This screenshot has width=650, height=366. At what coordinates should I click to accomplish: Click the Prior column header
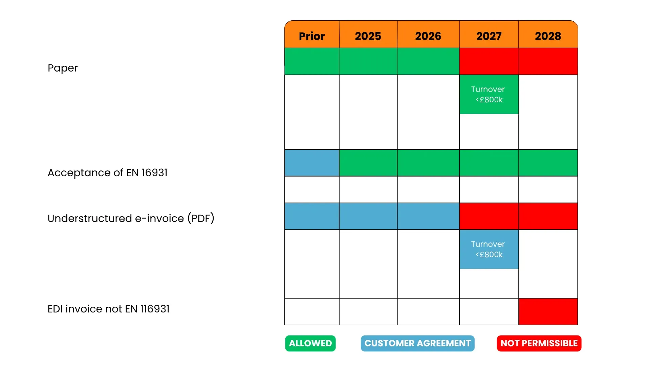(x=312, y=36)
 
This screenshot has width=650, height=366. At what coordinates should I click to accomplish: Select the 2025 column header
(x=368, y=36)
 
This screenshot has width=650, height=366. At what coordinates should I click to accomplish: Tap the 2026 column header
(x=428, y=36)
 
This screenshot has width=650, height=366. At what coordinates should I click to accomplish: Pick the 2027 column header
(x=489, y=36)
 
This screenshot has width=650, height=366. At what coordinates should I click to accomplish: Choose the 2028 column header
(x=548, y=36)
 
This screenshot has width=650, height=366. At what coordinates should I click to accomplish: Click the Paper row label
(x=63, y=68)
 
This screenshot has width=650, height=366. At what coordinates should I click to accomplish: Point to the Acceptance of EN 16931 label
(x=108, y=173)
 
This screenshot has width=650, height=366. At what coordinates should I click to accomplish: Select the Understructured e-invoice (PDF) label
(x=131, y=218)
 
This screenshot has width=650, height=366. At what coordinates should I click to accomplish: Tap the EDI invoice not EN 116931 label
(x=108, y=309)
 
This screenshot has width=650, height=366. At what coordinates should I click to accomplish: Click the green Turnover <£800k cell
(x=489, y=94)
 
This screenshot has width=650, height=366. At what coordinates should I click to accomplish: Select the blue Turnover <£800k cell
(x=489, y=249)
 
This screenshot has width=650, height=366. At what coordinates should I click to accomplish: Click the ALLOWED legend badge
(x=310, y=343)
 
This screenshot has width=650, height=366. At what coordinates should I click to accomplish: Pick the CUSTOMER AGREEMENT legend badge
(x=417, y=343)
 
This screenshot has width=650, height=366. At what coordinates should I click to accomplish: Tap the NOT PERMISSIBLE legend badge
(x=539, y=343)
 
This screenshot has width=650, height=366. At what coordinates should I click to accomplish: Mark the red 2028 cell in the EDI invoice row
(x=548, y=311)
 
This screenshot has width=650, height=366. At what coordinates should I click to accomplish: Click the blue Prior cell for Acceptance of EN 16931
(x=312, y=163)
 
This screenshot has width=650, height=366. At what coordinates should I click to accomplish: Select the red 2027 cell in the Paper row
(x=489, y=61)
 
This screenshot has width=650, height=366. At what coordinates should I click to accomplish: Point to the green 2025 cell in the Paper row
(x=368, y=61)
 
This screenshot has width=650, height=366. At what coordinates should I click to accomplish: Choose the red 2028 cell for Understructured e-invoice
(x=548, y=216)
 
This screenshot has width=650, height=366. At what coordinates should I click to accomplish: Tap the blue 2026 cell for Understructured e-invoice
(x=428, y=216)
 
